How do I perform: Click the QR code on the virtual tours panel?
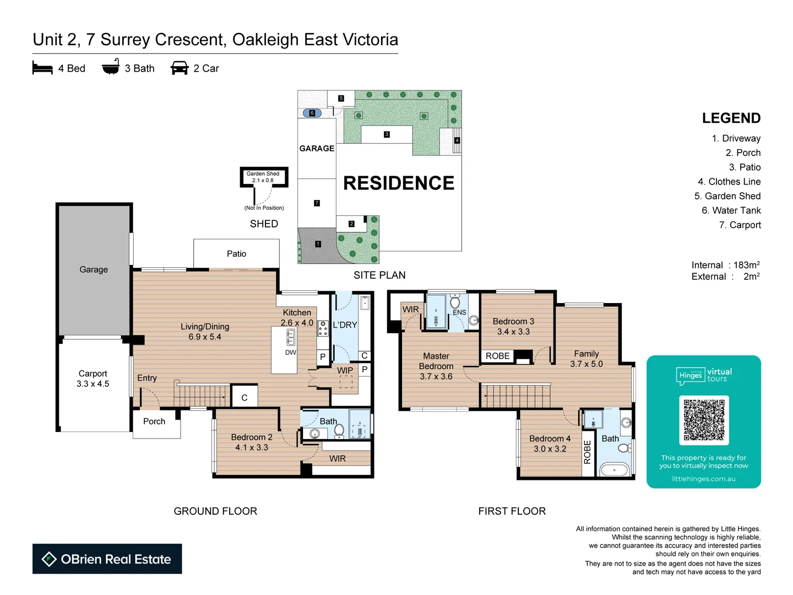point(704,420)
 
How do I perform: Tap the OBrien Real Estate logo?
point(107,559)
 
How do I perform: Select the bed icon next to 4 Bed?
point(42,68)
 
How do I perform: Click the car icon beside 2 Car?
point(180,68)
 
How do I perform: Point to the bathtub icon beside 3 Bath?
point(111,67)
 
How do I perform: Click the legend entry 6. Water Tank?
point(731,210)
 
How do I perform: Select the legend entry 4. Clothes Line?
point(729,182)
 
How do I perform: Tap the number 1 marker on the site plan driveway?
point(318,244)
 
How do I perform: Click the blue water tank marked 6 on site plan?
point(312,113)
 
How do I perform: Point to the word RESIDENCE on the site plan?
point(399,183)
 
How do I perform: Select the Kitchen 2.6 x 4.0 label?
point(297,317)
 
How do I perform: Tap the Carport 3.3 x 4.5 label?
point(93,378)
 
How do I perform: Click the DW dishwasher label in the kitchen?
point(291,353)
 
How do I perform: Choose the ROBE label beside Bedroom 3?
point(497,356)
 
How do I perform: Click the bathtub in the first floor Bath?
point(615,470)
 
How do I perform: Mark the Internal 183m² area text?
point(725,265)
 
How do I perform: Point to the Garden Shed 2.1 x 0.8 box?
point(263,177)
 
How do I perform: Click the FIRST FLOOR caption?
point(512,511)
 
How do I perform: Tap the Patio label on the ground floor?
point(236,254)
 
